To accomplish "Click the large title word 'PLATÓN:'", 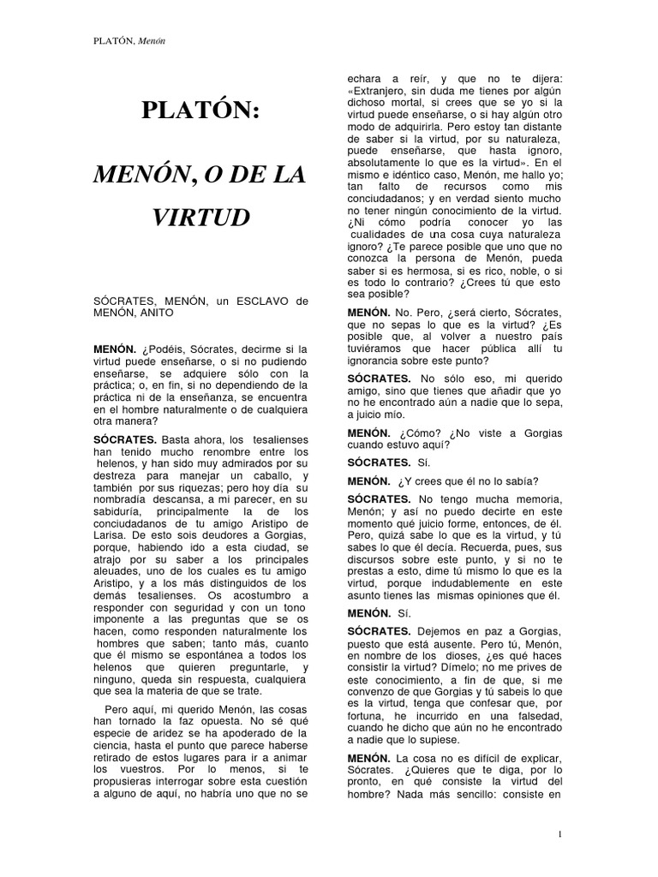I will (201, 112).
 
